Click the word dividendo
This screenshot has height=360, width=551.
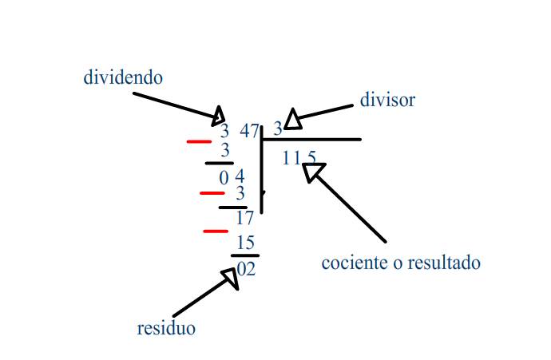click(123, 77)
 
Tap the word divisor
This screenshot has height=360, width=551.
click(387, 101)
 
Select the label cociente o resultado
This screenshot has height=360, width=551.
click(401, 262)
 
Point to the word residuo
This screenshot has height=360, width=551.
click(166, 328)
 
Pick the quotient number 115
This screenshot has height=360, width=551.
click(299, 158)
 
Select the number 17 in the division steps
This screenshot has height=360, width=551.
click(244, 218)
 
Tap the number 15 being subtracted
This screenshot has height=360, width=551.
click(245, 243)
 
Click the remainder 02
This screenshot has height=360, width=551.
click(246, 269)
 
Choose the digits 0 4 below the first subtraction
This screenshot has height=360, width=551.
click(232, 176)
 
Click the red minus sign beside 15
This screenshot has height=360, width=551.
click(216, 231)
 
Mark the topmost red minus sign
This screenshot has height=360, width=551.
click(199, 141)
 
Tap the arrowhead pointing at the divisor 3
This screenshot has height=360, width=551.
click(292, 118)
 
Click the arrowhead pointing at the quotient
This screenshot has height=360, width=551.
click(312, 171)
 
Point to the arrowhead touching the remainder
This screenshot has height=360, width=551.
click(231, 277)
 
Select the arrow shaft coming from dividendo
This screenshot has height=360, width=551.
click(172, 106)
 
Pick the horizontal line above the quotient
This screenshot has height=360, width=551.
click(311, 140)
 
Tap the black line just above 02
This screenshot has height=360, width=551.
click(244, 255)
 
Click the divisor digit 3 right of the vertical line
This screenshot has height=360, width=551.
click(277, 128)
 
